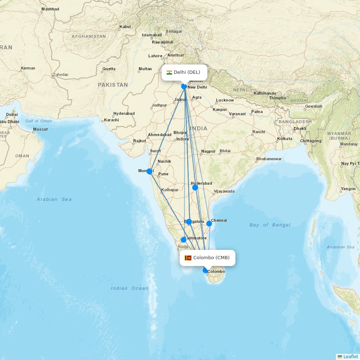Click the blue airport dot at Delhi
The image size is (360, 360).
coord(184,86)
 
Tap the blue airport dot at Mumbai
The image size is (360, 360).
coord(149,171)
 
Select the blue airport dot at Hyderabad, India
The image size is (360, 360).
coord(195,188)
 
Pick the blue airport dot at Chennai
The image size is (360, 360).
coord(209,224)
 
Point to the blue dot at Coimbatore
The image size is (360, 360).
coord(184,240)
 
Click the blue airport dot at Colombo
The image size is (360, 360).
coord(206,270)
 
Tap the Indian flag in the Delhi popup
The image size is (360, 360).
coord(169,72)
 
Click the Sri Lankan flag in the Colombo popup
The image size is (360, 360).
coord(188,258)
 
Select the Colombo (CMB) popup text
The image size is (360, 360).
coord(211,258)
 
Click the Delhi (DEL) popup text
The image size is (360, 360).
coord(187,72)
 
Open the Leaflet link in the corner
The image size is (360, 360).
coord(350,356)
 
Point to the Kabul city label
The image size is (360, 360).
coord(125,27)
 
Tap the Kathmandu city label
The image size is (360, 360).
coord(265,94)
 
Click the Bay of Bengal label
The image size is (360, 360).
coord(270,225)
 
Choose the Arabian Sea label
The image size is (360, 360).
coord(54,199)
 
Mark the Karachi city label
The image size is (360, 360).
coord(112,120)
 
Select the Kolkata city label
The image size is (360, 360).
coord(285,139)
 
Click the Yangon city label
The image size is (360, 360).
coord(348,189)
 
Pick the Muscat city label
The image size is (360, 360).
coord(40,129)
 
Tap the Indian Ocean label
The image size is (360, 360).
coord(130,288)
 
